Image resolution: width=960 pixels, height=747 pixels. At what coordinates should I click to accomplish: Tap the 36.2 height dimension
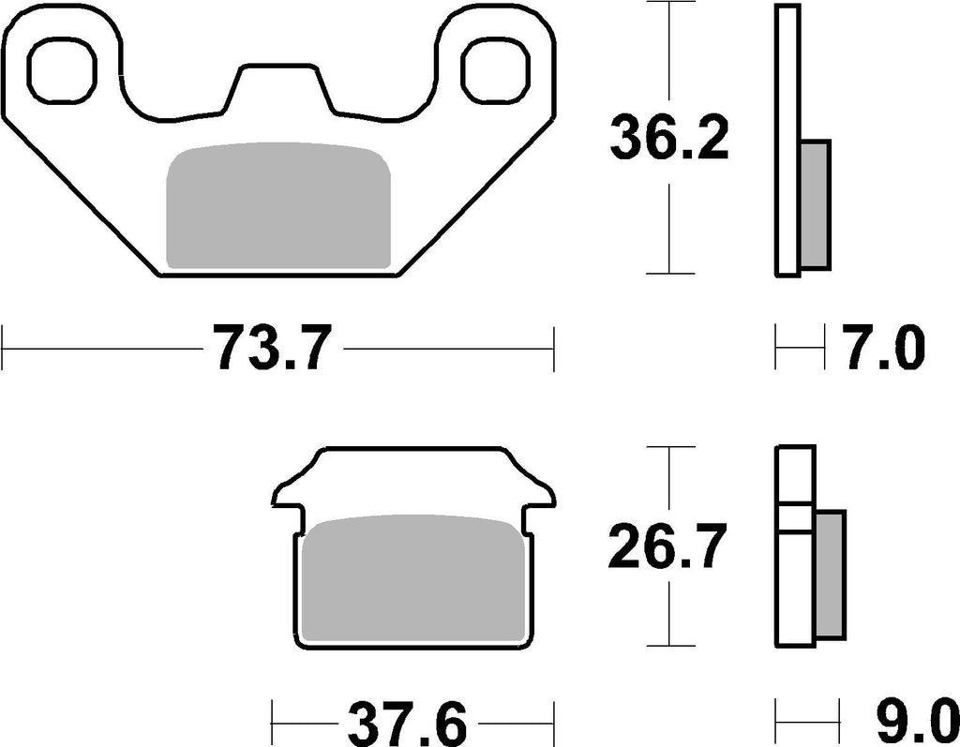[669, 139]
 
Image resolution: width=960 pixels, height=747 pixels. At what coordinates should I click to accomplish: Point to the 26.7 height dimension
[667, 545]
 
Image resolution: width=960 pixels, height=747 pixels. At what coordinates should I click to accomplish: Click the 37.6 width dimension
[407, 725]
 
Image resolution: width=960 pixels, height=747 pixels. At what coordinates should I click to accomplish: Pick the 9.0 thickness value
[913, 725]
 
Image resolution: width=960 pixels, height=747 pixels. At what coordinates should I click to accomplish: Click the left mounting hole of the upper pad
[63, 70]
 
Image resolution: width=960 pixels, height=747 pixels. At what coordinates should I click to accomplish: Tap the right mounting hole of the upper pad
[495, 70]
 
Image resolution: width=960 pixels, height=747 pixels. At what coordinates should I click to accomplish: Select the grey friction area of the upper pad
[278, 206]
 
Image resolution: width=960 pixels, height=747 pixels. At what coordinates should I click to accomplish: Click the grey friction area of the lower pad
[414, 578]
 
